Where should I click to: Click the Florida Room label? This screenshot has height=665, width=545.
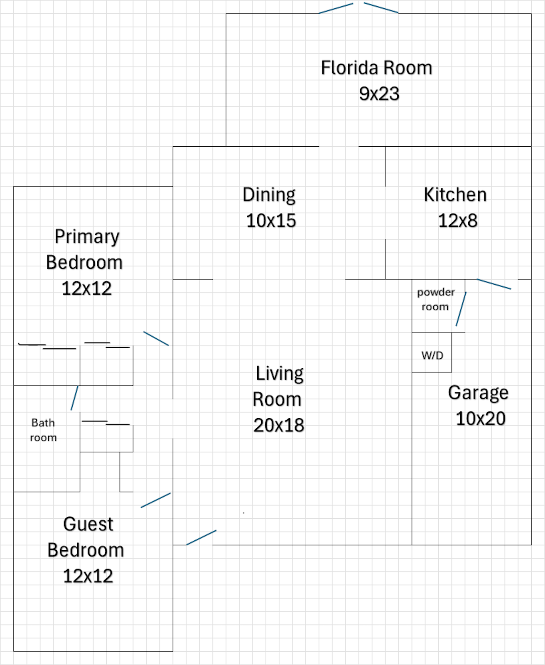[376, 68]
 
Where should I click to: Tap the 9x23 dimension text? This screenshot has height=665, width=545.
[379, 94]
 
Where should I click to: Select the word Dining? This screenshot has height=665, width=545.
[269, 195]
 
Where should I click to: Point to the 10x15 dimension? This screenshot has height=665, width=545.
[271, 221]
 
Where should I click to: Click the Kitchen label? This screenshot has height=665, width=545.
[455, 195]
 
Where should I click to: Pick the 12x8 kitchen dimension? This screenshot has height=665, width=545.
[458, 221]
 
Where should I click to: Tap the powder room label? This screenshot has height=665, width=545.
[436, 299]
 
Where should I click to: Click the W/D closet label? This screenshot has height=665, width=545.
[432, 355]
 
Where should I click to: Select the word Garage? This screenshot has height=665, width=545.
[478, 393]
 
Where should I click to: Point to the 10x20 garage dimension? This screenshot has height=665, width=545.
[481, 419]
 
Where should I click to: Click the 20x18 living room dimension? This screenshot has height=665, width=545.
[279, 425]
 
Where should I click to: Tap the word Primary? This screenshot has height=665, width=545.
[87, 236]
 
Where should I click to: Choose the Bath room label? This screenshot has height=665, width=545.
[43, 430]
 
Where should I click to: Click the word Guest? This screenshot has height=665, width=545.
[88, 524]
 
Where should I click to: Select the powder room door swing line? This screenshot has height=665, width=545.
[461, 309]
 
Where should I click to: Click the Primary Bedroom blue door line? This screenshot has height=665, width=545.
[156, 339]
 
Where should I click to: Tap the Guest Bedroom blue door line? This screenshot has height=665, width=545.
[156, 500]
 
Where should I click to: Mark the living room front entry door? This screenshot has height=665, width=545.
[201, 538]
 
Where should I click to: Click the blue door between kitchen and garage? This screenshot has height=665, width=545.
[494, 284]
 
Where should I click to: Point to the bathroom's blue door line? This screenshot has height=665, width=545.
[74, 398]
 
